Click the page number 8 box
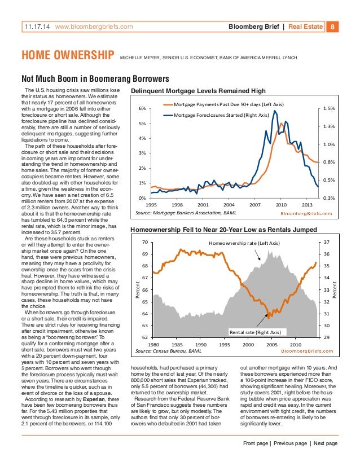[333, 26]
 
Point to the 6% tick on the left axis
[143, 108]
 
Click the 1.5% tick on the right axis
[331, 108]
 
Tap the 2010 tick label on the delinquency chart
[282, 204]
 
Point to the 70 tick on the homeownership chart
[144, 242]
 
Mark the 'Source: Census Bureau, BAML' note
[169, 351]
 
